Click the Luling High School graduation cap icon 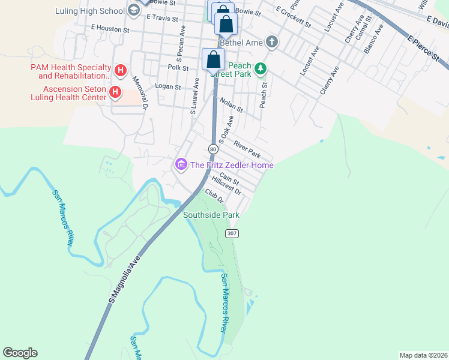tap(133, 10)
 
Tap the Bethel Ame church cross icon tap(272, 42)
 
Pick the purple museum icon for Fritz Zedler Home tap(181, 164)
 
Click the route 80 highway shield tap(213, 148)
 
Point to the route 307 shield tap(232, 233)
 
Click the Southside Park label tap(211, 215)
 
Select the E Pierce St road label tap(427, 49)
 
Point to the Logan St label tap(168, 87)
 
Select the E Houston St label tap(110, 28)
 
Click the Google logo tap(20, 353)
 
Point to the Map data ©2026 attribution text tap(423, 355)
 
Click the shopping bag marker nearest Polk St tap(213, 60)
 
